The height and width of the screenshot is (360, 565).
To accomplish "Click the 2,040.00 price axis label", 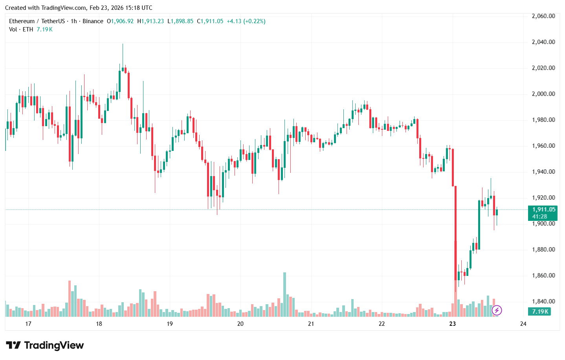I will click(x=543, y=42).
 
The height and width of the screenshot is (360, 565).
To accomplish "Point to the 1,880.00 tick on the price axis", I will click(x=543, y=250).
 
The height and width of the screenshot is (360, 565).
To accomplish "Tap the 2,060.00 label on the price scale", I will click(x=543, y=16).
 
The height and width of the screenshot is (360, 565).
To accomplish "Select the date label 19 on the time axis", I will click(x=170, y=324).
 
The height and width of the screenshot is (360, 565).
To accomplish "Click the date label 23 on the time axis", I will click(x=453, y=324).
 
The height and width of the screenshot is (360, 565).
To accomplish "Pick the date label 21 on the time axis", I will click(x=311, y=324).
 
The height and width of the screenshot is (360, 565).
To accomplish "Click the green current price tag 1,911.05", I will click(x=543, y=209).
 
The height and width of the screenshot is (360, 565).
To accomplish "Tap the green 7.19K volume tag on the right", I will click(x=540, y=312).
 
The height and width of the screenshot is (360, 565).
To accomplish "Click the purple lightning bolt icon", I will click(x=497, y=310).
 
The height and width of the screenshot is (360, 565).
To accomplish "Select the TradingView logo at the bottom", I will click(x=45, y=345).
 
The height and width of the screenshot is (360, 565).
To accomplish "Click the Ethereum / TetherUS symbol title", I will click(x=37, y=21).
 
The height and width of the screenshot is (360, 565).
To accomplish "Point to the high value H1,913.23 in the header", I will click(x=150, y=21).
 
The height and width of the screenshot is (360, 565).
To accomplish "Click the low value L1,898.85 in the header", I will click(x=180, y=21).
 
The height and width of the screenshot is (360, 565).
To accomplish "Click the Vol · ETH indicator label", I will click(x=21, y=29).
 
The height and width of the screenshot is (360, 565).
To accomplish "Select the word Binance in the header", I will click(x=93, y=21).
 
